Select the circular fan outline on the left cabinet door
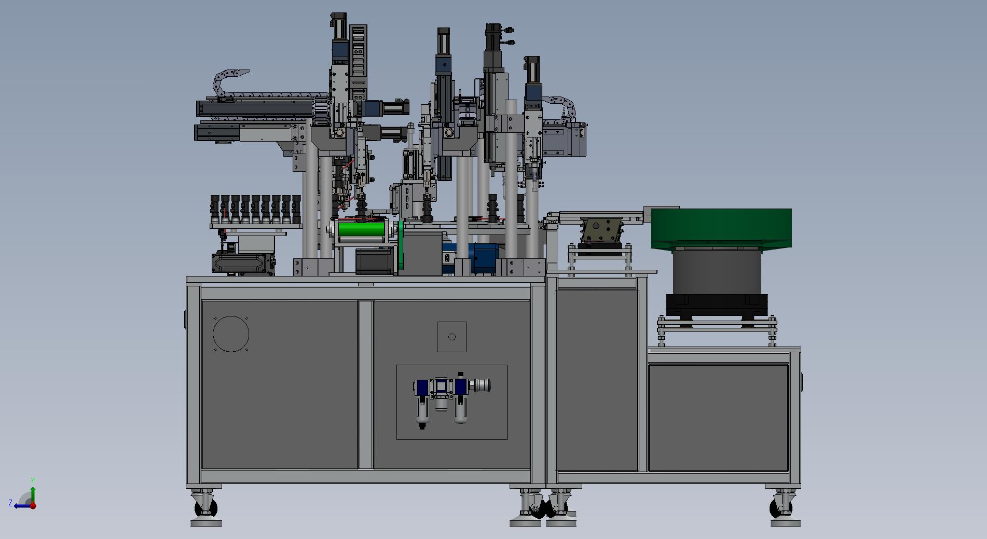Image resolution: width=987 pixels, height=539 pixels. pos(231,334)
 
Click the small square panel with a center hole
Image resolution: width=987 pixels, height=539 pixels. pos(452,337)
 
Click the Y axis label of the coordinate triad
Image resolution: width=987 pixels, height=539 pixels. pos(32,481)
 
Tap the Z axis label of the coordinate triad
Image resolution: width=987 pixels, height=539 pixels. pos(10,503)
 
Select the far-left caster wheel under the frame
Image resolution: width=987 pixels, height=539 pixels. pos(204,505)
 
